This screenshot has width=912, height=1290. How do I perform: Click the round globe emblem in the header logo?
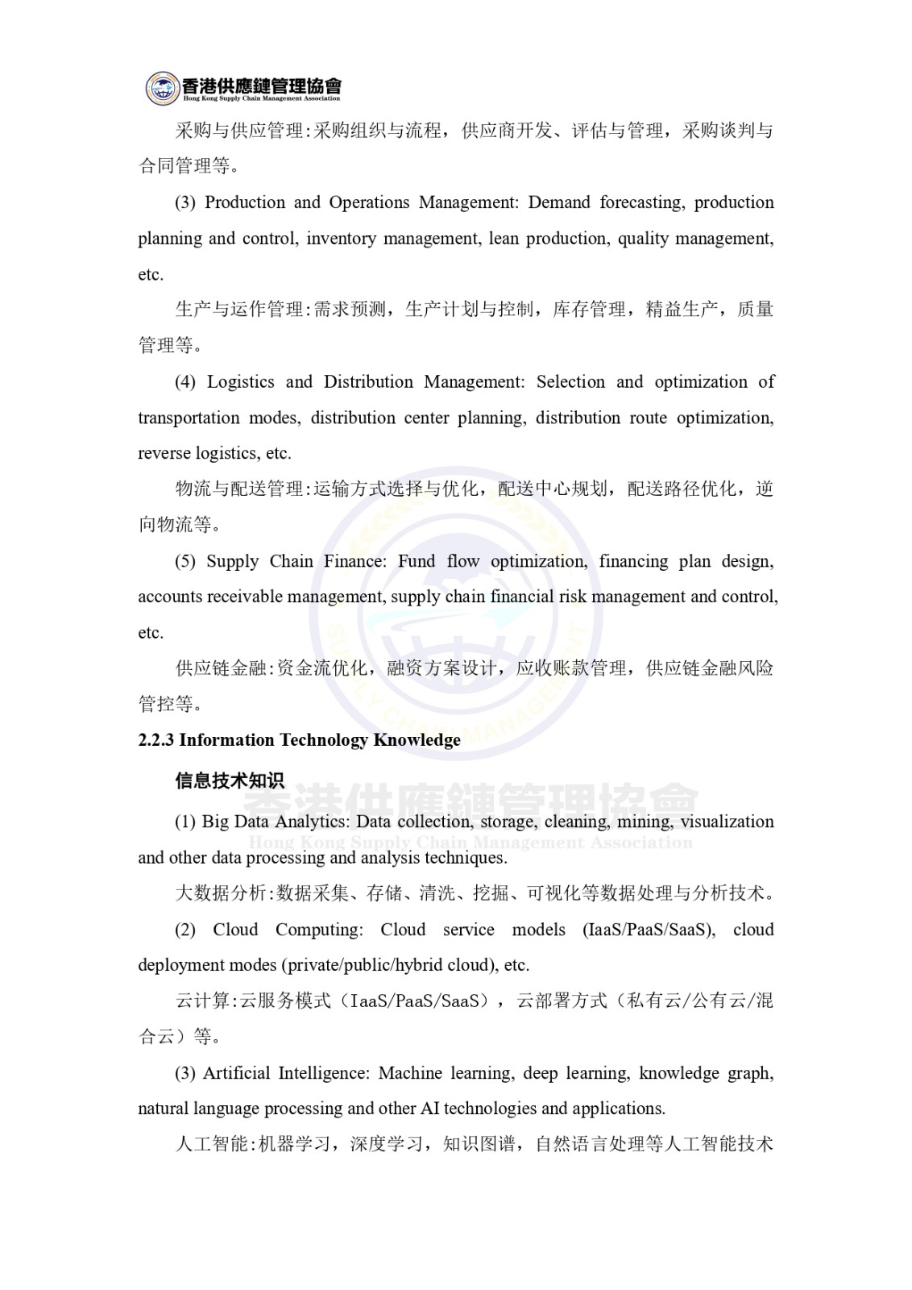click(162, 88)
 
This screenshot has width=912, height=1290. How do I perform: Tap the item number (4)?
click(185, 382)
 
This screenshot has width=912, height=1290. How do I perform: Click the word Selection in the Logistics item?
click(570, 382)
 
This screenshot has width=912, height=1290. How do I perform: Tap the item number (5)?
click(185, 561)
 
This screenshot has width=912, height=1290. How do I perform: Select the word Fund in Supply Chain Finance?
click(417, 561)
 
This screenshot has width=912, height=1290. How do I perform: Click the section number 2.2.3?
click(156, 740)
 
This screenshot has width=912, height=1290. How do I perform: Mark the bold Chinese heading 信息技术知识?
click(230, 780)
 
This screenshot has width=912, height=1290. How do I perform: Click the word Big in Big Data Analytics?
click(215, 822)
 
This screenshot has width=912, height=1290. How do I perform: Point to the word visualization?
click(728, 822)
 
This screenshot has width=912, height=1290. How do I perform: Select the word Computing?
click(319, 930)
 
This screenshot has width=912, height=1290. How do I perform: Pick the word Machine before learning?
click(410, 1073)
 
